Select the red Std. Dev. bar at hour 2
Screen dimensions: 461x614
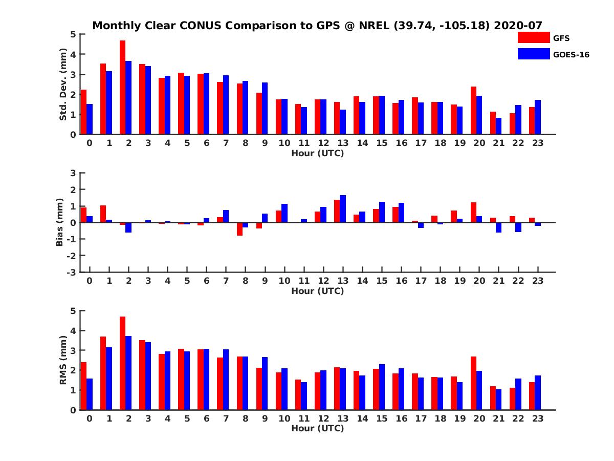coord(123,87)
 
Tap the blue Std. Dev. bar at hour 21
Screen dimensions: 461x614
coord(498,126)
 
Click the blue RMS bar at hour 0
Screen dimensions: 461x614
coord(90,394)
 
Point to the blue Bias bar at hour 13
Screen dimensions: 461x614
coord(343,209)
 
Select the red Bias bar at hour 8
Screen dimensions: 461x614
coord(239,229)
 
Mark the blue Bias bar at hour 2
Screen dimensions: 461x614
coord(128,227)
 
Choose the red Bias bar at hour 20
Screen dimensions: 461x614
coord(473,213)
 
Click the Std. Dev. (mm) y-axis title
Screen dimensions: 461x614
coord(63,85)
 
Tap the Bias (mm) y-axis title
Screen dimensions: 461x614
coord(60,222)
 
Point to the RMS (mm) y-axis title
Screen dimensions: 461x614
coord(63,360)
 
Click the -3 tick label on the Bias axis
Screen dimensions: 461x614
coord(71,272)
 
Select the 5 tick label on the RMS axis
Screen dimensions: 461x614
coord(73,310)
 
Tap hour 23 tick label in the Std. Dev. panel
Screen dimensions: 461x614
coord(538,143)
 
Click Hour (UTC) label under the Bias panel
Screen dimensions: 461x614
coord(317,291)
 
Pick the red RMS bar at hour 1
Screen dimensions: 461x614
coord(103,373)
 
